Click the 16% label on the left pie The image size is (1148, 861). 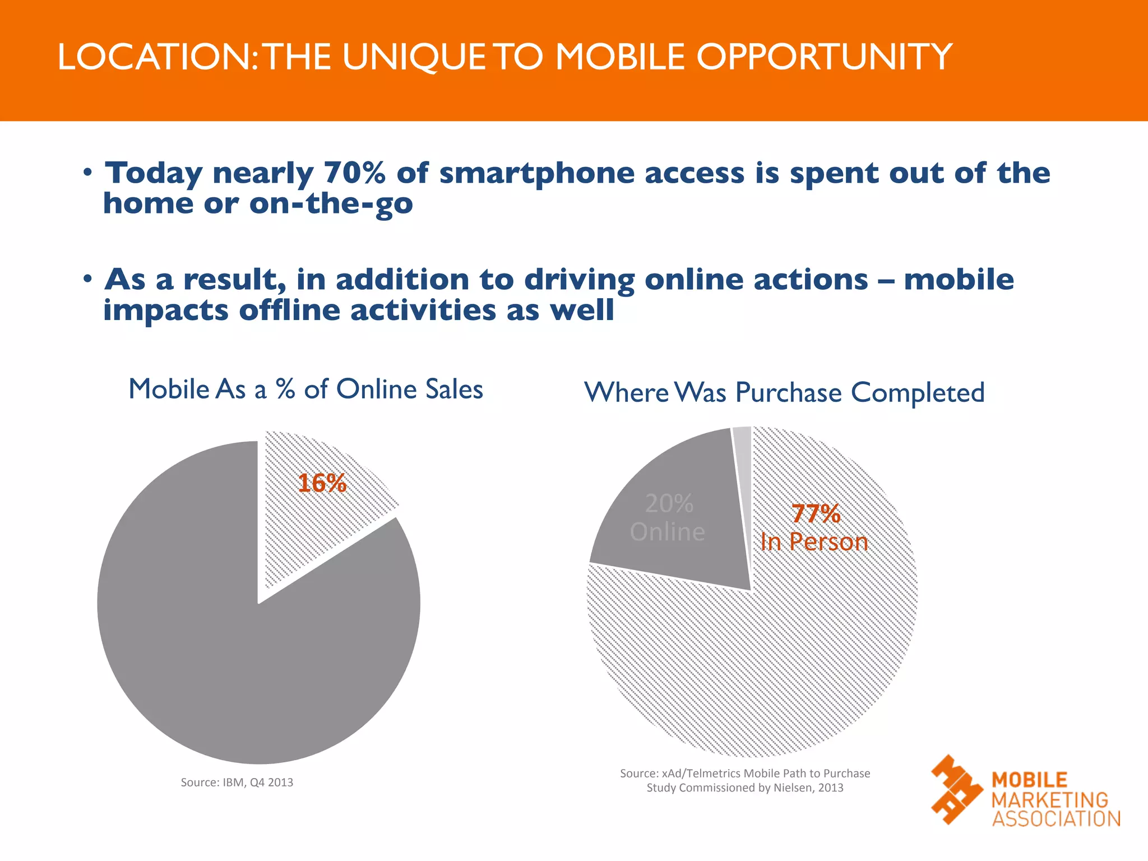pos(322,483)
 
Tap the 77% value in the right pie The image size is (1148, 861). pos(816,513)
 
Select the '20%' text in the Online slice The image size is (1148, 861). pos(669,503)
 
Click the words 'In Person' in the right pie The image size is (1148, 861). pos(814,542)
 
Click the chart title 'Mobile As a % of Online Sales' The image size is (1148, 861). pos(305,389)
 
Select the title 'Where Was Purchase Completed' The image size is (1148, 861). pos(784,392)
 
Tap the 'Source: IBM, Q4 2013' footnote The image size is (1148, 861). pos(237,782)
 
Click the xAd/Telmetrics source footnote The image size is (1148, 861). pos(745,780)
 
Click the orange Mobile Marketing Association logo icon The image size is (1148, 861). pos(956,789)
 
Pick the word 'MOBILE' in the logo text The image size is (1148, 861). pos(1029,780)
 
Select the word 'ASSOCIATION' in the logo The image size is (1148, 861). pos(1056,819)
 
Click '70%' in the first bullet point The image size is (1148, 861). pos(354,173)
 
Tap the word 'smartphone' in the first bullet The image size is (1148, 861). pos(536,174)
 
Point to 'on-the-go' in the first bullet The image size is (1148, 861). pos(331,203)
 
